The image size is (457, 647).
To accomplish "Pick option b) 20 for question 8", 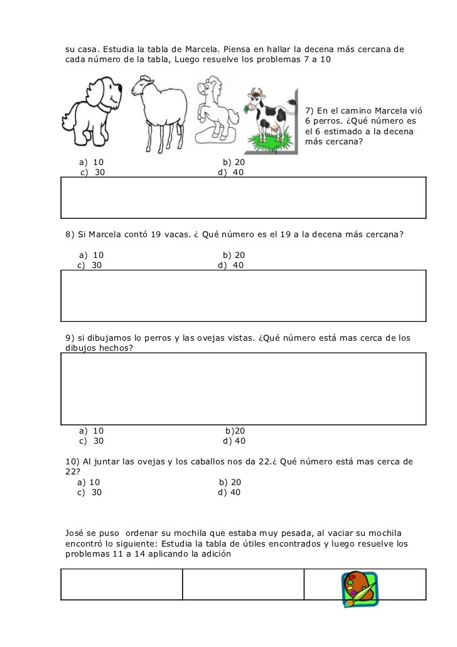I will (234, 255).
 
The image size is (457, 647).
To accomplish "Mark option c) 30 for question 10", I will (89, 493).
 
